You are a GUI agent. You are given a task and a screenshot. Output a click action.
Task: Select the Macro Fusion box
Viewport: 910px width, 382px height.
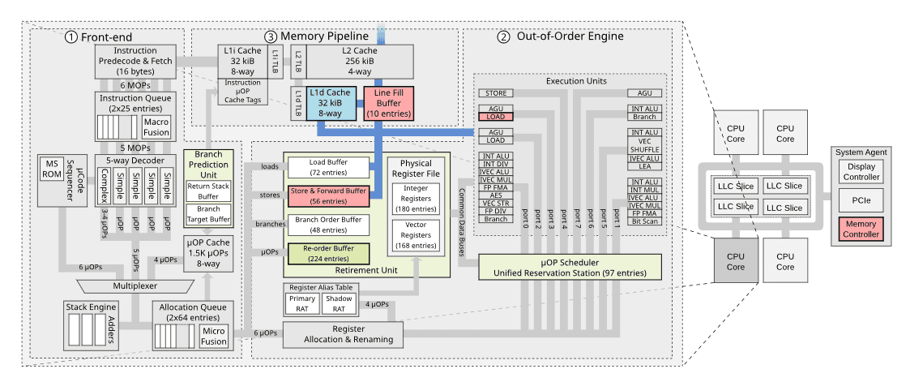156,127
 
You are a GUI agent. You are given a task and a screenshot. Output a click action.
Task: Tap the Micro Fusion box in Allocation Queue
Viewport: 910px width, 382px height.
214,335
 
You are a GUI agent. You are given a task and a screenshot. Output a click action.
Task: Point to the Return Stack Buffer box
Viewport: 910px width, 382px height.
208,190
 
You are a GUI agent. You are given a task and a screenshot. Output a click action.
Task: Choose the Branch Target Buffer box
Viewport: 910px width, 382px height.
208,213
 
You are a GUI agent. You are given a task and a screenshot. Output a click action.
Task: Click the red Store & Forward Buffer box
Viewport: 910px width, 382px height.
328,195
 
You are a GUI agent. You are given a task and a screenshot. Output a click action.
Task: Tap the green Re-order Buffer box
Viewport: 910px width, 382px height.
328,252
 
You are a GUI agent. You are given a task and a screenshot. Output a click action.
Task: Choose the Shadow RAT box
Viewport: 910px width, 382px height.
340,303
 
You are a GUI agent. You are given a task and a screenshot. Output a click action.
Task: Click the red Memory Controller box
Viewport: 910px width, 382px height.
861,229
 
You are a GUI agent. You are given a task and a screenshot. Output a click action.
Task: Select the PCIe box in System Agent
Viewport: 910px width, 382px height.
861,199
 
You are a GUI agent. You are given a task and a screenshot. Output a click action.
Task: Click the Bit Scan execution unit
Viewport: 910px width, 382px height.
645,220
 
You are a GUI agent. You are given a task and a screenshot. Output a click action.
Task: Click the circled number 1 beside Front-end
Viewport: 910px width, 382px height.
71,36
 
